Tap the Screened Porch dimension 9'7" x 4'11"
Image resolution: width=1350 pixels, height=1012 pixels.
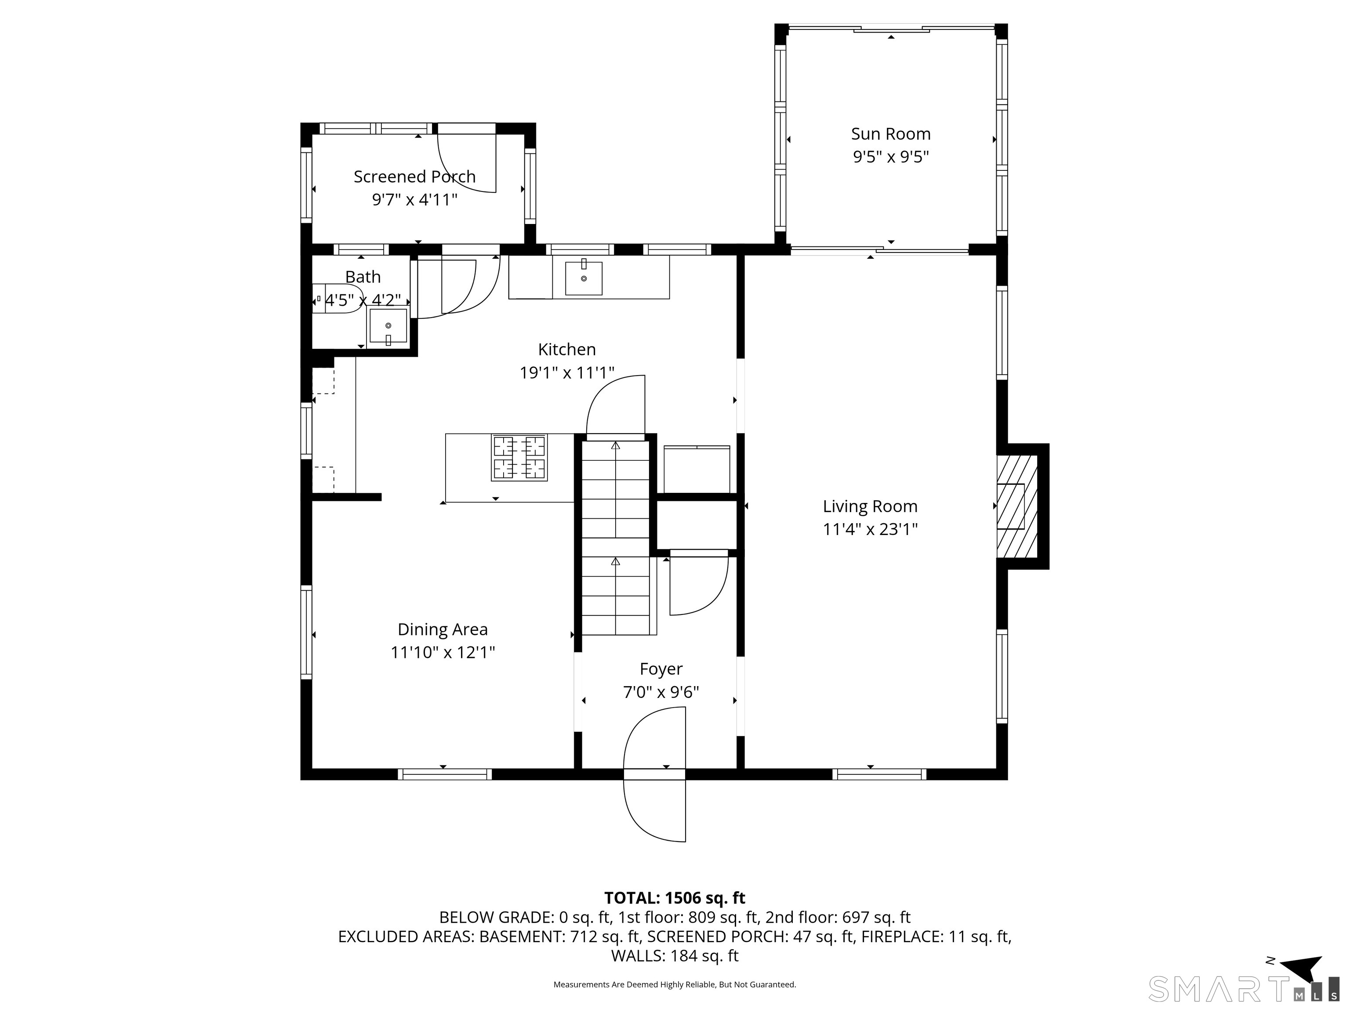point(414,199)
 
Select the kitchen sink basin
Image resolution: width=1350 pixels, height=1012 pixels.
point(584,278)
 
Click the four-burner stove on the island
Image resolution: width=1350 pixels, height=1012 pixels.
point(519,458)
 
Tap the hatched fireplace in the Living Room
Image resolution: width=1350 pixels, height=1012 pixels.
point(1017,506)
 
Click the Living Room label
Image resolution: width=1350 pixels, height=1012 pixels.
point(870,506)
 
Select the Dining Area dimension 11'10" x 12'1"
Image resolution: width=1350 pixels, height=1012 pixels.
point(443,653)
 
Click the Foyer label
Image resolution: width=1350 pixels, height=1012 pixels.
point(661,669)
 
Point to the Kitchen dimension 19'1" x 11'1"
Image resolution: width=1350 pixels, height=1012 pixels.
point(566,373)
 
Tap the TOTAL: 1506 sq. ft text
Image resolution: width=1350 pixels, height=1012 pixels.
point(675,898)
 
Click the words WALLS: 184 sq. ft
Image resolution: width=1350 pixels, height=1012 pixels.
point(675,956)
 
